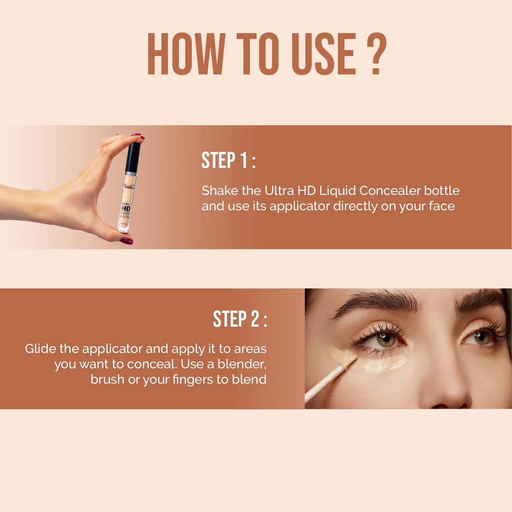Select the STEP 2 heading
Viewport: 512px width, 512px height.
(240, 319)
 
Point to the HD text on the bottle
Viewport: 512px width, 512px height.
(125, 208)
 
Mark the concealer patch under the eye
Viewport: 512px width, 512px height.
(386, 364)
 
